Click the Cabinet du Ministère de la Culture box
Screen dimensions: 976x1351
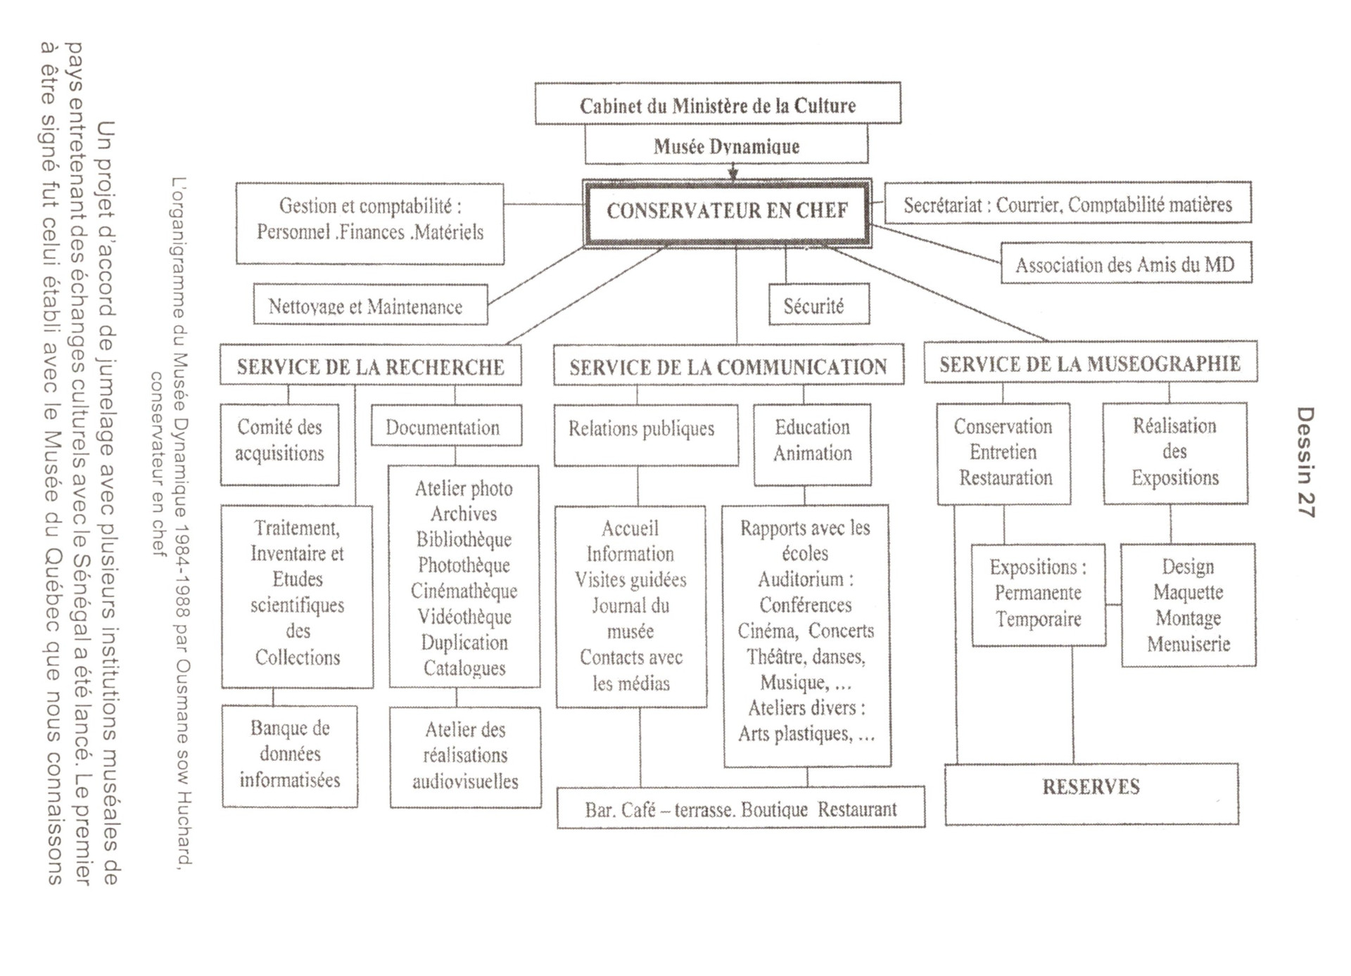click(x=718, y=104)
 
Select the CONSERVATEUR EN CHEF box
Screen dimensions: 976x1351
click(x=727, y=211)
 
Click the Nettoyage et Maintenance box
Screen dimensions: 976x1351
click(x=370, y=305)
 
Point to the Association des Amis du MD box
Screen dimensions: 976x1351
click(x=1125, y=264)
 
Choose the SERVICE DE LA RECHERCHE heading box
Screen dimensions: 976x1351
click(x=370, y=366)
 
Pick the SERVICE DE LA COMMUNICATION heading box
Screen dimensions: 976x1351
click(x=728, y=366)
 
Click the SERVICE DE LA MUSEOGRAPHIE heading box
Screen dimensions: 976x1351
click(x=1090, y=363)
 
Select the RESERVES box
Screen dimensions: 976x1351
click(x=1091, y=793)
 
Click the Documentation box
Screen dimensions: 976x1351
click(x=446, y=426)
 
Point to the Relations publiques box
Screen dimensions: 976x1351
click(x=645, y=434)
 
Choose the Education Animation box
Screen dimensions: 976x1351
click(x=812, y=444)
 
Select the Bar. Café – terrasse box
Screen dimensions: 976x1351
click(x=740, y=808)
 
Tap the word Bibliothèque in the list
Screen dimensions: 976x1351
click(x=464, y=539)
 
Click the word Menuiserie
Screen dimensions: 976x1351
click(x=1188, y=644)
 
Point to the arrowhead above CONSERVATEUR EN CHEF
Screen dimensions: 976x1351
click(x=733, y=173)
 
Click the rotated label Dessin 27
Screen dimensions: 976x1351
click(x=1305, y=463)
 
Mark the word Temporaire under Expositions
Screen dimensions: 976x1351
click(x=1038, y=619)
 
